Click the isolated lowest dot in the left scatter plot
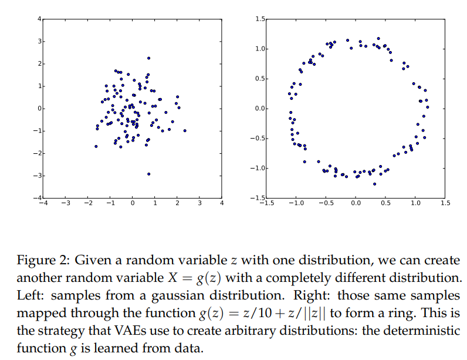tap(148, 174)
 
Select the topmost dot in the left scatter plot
tap(148, 58)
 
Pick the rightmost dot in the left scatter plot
tap(185, 130)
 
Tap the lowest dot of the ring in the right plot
tap(374, 184)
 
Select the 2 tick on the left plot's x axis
tap(177, 203)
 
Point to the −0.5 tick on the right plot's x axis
tap(325, 203)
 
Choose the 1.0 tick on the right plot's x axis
tap(415, 203)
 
